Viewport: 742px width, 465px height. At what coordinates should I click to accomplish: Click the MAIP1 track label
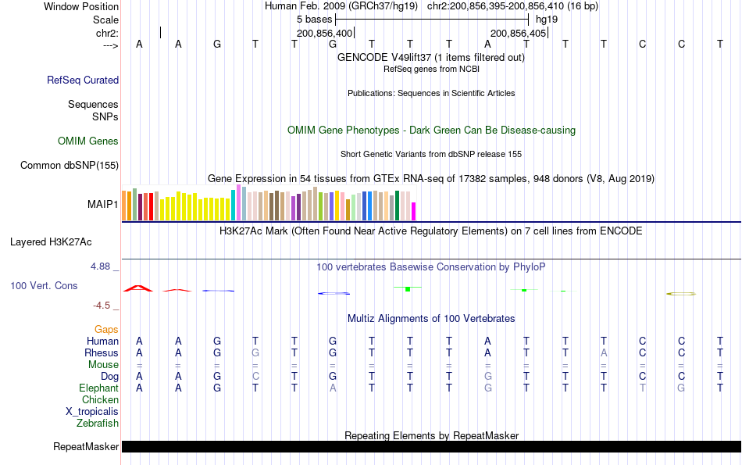click(x=103, y=205)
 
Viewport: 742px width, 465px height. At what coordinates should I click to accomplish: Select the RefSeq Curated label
click(x=83, y=80)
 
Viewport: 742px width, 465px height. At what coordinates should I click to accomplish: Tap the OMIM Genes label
click(x=88, y=141)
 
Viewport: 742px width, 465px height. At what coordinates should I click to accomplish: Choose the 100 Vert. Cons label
click(x=44, y=286)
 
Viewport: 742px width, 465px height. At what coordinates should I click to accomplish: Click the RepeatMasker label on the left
click(x=86, y=447)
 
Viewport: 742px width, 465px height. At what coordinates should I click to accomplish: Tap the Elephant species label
click(x=98, y=388)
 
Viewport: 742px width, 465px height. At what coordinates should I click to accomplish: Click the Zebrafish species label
click(x=98, y=424)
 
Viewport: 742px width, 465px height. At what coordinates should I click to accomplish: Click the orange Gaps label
click(x=106, y=330)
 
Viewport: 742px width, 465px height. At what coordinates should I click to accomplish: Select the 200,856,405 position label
click(x=517, y=34)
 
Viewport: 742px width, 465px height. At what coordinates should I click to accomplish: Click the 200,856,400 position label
click(x=325, y=34)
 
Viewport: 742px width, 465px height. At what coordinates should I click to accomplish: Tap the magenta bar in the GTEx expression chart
click(x=414, y=211)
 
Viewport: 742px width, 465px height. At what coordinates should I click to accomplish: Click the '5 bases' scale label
click(x=314, y=19)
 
